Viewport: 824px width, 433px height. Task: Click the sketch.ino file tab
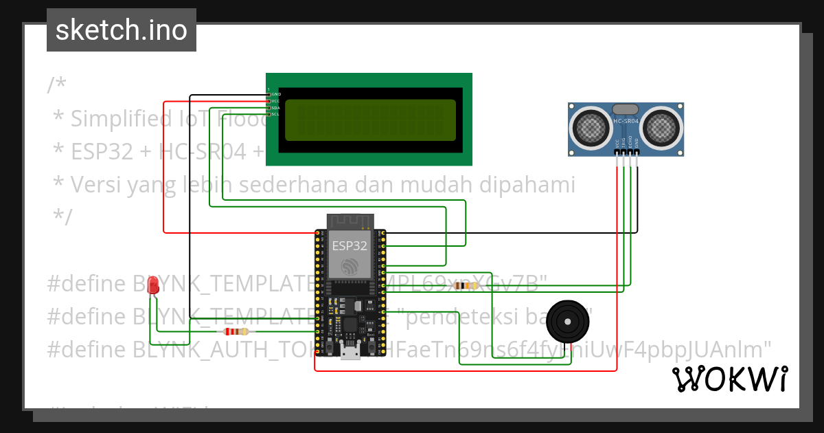coord(122,30)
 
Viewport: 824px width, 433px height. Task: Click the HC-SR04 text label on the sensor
coord(626,121)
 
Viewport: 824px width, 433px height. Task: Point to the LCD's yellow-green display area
coord(370,120)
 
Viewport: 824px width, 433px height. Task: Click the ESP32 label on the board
coord(350,245)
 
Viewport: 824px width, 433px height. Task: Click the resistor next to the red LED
coord(236,331)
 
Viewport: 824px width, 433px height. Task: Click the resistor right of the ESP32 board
coord(468,285)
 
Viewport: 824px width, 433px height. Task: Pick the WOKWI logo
coord(729,379)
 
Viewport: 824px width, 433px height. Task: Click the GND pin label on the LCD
coord(276,94)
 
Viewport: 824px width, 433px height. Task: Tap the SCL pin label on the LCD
coord(275,114)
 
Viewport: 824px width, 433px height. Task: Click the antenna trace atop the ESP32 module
coord(350,221)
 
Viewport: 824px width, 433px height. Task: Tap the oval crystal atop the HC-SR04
coord(625,109)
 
